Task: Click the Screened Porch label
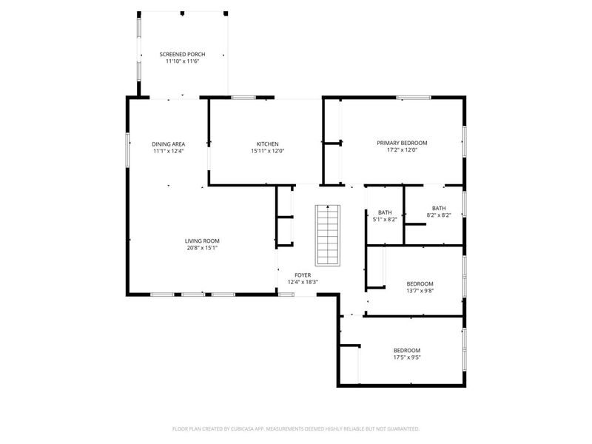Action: click(182, 54)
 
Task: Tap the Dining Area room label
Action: click(169, 144)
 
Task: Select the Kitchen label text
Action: click(267, 144)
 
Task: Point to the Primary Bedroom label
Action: click(402, 143)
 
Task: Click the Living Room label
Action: click(202, 241)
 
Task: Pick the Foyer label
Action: click(303, 275)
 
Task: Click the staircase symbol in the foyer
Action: click(328, 235)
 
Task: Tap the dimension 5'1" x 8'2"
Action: click(385, 219)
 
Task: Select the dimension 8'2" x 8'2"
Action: click(439, 215)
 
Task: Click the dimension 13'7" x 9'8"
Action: click(420, 291)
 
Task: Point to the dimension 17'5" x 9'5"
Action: click(407, 357)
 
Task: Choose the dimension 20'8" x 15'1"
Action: click(202, 248)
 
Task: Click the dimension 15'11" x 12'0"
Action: click(267, 151)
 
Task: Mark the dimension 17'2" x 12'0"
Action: click(402, 150)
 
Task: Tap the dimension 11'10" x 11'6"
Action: click(182, 61)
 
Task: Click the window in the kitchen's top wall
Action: click(243, 98)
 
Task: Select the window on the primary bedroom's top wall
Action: click(414, 98)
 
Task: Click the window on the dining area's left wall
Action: click(127, 149)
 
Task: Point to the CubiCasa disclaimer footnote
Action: click(295, 429)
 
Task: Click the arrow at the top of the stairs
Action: click(328, 206)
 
